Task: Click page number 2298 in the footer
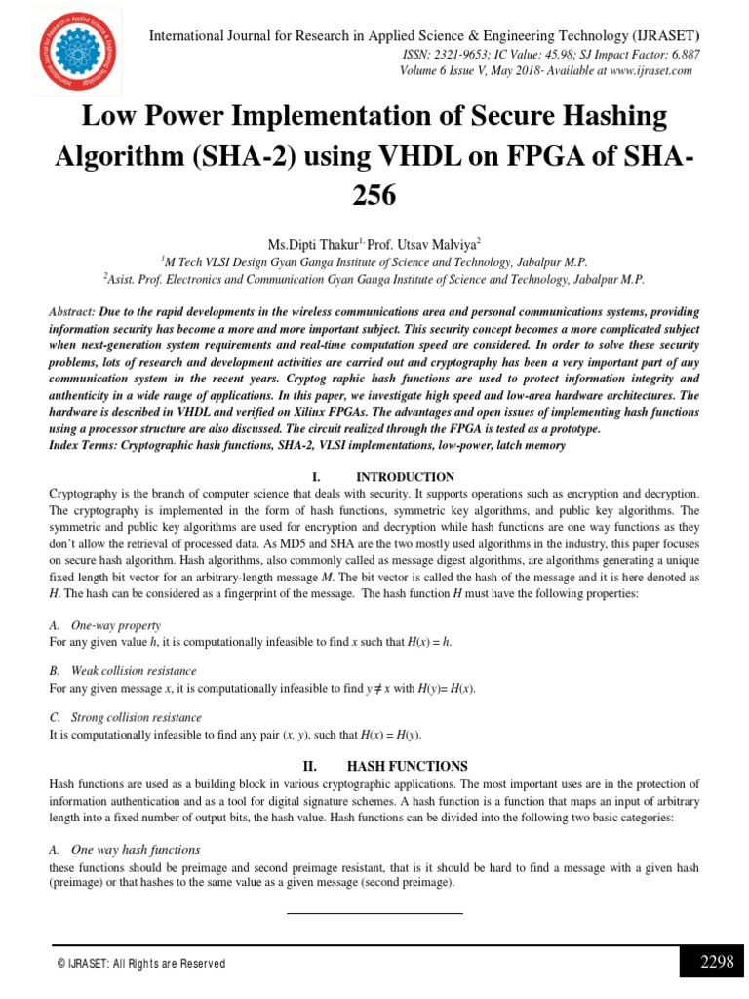(716, 962)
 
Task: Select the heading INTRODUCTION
(405, 477)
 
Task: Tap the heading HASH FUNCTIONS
(408, 766)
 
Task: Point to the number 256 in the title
(374, 195)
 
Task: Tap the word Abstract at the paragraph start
(71, 311)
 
